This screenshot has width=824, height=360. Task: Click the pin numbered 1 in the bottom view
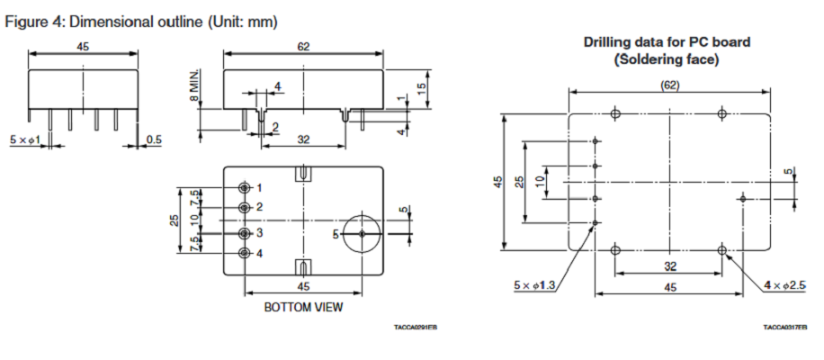(x=244, y=187)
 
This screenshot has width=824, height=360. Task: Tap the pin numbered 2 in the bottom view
(x=244, y=208)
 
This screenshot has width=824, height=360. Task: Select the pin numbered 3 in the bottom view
(x=244, y=233)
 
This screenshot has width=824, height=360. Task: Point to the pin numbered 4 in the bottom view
(x=244, y=253)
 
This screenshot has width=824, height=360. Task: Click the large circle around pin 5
(x=343, y=234)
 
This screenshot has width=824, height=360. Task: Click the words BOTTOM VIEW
(x=303, y=307)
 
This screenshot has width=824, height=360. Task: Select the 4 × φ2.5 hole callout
(x=785, y=285)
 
